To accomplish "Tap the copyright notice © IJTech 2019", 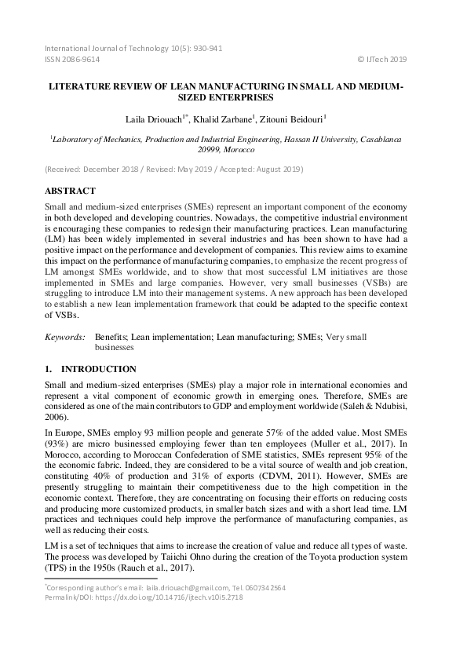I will pyautogui.click(x=382, y=59).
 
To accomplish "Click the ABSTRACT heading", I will pyautogui.click(x=70, y=191).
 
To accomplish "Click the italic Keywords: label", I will pyautogui.click(x=64, y=336).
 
